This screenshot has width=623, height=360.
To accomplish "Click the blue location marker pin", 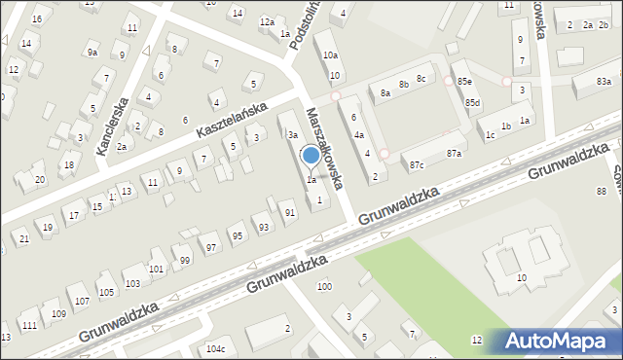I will (x=311, y=156).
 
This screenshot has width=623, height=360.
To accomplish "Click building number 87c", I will (x=417, y=165).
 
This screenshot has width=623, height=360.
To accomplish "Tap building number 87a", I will (x=454, y=154).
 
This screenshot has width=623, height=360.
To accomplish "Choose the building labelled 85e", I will (x=464, y=81).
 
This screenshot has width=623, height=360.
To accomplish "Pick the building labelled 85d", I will (x=472, y=102).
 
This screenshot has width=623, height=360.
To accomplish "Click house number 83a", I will (x=605, y=83).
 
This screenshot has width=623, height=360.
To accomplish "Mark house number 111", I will (x=30, y=325).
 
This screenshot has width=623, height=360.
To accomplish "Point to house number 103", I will (x=132, y=283).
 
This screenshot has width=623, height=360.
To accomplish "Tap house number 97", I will (x=211, y=248).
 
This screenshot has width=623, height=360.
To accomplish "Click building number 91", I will (x=289, y=212).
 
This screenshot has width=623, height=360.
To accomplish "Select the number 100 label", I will (x=324, y=286).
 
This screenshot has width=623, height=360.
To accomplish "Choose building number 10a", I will (x=331, y=55).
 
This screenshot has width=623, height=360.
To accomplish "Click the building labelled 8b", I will (x=403, y=86).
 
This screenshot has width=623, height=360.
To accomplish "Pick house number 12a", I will (x=266, y=21).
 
